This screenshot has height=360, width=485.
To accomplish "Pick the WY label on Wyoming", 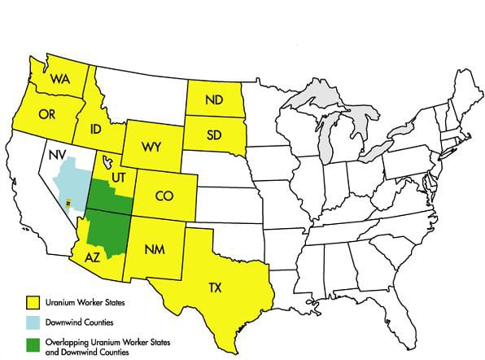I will click(x=150, y=147).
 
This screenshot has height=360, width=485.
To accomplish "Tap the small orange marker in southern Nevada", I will click(x=68, y=201).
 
